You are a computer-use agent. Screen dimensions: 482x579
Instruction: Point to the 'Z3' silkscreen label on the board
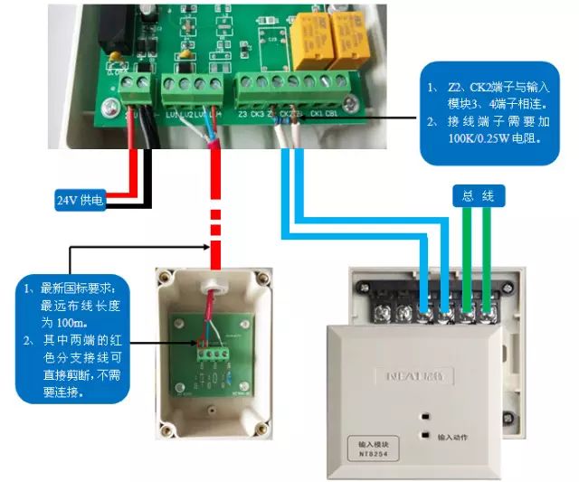coord(242,115)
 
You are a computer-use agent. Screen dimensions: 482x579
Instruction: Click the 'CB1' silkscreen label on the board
coord(331,115)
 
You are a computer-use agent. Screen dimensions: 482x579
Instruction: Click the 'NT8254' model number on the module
coord(369,457)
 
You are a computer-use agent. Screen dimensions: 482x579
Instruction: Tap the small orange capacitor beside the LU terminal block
coord(116,58)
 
